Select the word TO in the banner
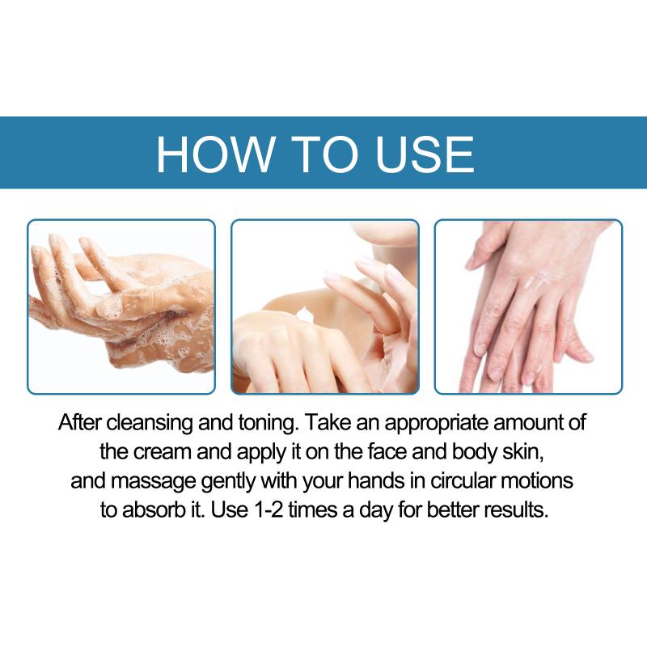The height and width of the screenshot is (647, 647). [325, 154]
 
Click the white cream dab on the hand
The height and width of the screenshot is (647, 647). [306, 315]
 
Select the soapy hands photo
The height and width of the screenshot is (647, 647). [121, 307]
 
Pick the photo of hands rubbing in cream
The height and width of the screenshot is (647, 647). [529, 307]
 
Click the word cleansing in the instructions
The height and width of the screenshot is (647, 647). [150, 423]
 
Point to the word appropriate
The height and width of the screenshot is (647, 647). [438, 423]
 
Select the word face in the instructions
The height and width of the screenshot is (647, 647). [387, 452]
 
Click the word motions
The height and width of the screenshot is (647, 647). [536, 480]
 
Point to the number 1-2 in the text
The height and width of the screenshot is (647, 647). [269, 510]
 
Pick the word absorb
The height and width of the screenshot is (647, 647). [153, 510]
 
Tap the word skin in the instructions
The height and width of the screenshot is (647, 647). [522, 452]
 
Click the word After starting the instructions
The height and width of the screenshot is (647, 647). [79, 422]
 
